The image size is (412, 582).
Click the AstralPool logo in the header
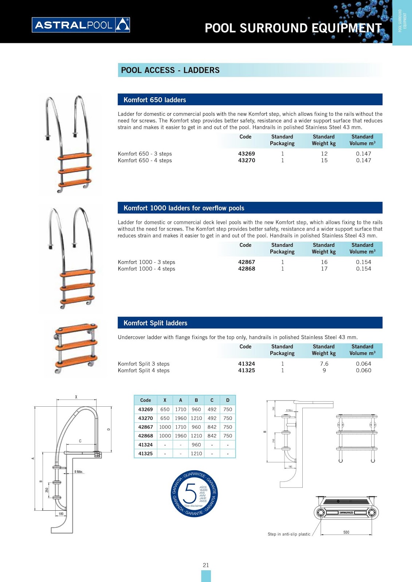pos(81,25)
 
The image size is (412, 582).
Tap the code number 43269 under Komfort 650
pos(247,154)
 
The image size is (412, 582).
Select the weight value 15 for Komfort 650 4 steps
pos(324,160)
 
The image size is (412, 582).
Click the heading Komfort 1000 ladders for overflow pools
pos(184,208)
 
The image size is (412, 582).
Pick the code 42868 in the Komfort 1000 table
pos(247,269)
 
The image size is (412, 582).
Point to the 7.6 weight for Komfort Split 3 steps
pos(324,364)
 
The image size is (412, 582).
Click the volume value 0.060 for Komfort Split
pos(364,370)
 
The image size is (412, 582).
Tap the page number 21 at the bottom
pos(206,565)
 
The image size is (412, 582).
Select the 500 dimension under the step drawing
pos(346,532)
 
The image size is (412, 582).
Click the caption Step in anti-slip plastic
pos(289,534)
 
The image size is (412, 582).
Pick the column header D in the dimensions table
pos(228,400)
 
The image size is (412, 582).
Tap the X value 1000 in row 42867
pos(165,427)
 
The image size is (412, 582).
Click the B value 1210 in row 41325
pos(196,454)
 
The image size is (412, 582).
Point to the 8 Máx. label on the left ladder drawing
pos(79,472)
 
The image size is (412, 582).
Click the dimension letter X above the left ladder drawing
pos(76,397)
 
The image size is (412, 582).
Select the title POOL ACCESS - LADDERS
pos(170,70)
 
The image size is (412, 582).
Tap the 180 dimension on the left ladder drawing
pos(61,514)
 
